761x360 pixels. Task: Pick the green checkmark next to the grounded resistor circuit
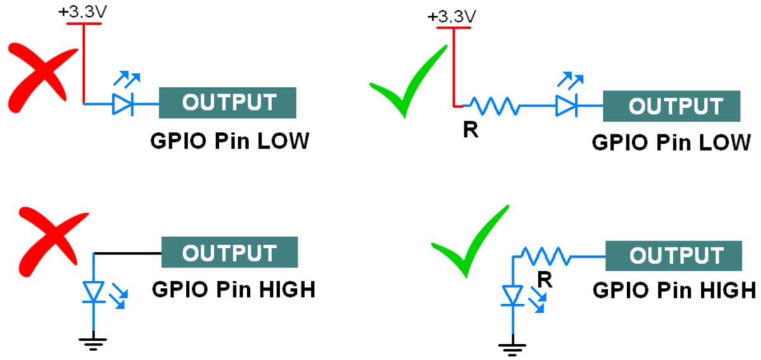click(x=470, y=243)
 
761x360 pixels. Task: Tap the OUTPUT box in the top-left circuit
click(x=228, y=103)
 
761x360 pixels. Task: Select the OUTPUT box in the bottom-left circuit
click(x=229, y=253)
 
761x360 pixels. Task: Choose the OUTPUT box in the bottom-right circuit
click(x=673, y=256)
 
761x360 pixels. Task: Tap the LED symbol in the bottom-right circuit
click(x=512, y=295)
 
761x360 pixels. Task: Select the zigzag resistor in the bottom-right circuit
click(x=545, y=256)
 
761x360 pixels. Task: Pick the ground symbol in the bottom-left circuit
click(x=93, y=342)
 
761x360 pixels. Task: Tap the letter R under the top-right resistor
click(x=471, y=132)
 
